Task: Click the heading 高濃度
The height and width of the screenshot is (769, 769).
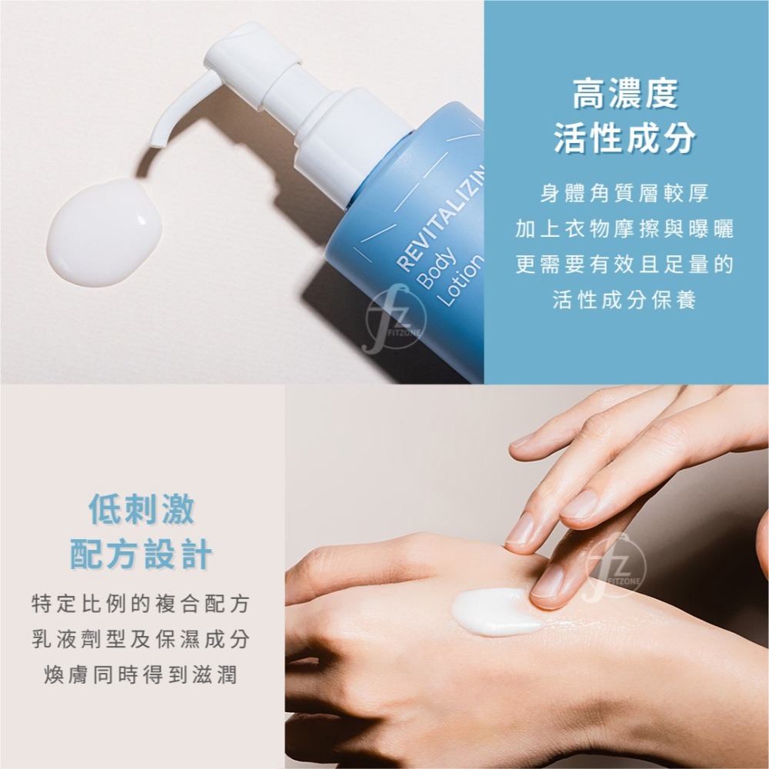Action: click(624, 95)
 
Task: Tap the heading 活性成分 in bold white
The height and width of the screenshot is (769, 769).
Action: click(624, 138)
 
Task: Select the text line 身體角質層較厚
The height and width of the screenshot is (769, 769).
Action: click(624, 194)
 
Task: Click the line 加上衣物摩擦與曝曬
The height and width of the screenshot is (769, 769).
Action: click(624, 229)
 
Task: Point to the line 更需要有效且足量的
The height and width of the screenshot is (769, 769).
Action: click(624, 265)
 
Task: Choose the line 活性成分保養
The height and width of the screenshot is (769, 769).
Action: click(624, 300)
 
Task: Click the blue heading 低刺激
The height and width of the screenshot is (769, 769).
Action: click(141, 508)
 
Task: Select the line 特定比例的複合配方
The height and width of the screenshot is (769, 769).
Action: click(141, 604)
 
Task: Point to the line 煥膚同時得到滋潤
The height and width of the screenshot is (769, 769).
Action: click(141, 675)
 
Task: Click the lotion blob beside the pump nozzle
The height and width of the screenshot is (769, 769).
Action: click(104, 232)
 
